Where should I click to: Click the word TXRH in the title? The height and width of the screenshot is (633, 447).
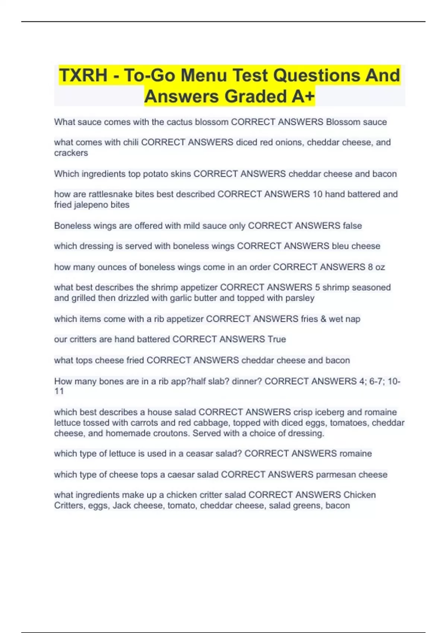[83, 75]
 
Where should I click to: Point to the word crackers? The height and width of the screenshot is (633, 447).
[71, 153]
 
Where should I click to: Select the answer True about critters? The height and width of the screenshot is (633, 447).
[277, 339]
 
